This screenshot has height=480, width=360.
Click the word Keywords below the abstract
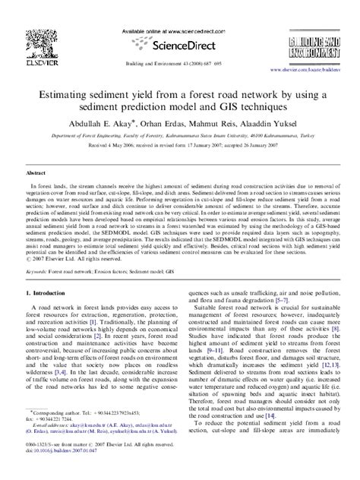(38, 292)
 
